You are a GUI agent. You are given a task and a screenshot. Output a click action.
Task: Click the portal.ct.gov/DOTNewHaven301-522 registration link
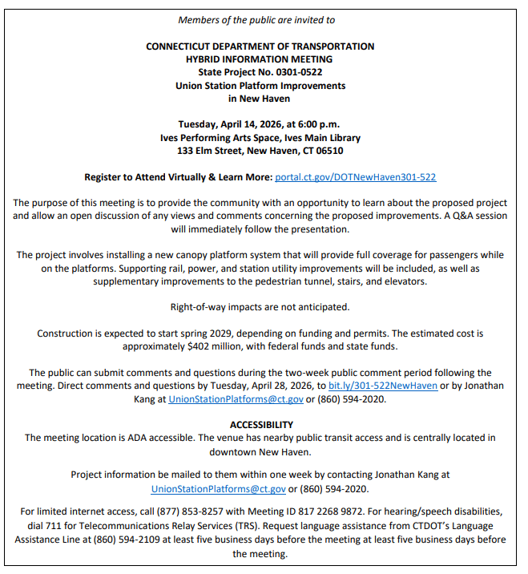355,176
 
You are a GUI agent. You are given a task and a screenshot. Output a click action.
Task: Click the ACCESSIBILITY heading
261,424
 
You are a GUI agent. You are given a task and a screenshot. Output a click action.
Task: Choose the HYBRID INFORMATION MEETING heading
260,59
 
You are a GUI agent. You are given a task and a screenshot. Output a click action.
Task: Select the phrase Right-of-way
201,306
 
